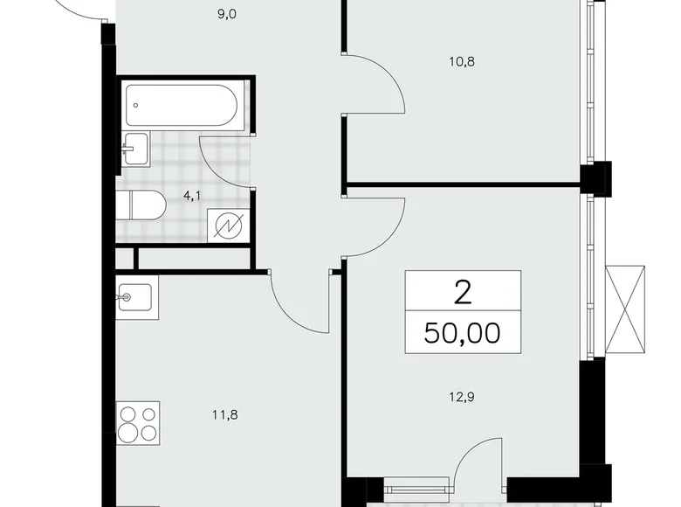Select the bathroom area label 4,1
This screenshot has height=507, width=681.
coord(191,196)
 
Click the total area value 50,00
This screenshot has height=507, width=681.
coord(462,332)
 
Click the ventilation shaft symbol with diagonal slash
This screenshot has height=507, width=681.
coord(230,226)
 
